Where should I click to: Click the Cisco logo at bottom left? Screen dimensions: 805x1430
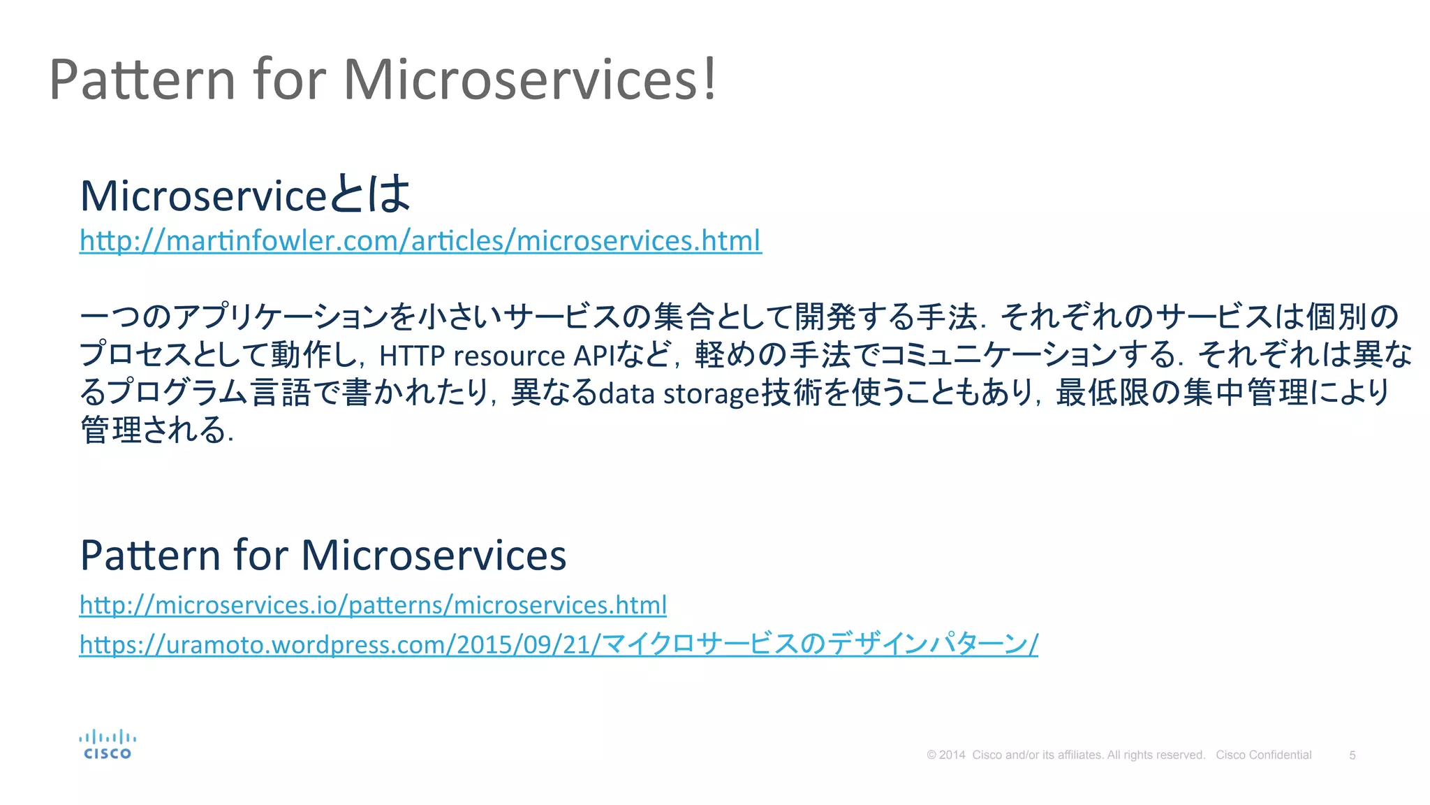point(108,745)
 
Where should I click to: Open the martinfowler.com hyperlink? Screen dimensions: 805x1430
point(420,240)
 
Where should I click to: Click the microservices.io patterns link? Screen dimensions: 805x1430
point(373,604)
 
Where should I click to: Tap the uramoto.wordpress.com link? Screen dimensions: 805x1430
point(559,644)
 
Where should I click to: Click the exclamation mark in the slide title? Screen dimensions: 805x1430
point(709,79)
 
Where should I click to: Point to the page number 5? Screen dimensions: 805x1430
point(1352,755)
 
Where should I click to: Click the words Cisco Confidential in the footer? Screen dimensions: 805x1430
point(1263,755)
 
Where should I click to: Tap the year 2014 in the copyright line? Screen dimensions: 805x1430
point(952,755)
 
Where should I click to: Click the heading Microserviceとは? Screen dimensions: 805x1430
point(245,195)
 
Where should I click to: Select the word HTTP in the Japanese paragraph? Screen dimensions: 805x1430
point(412,356)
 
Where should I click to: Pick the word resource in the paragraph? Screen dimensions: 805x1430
point(509,356)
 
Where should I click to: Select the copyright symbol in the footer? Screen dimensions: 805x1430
point(931,755)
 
